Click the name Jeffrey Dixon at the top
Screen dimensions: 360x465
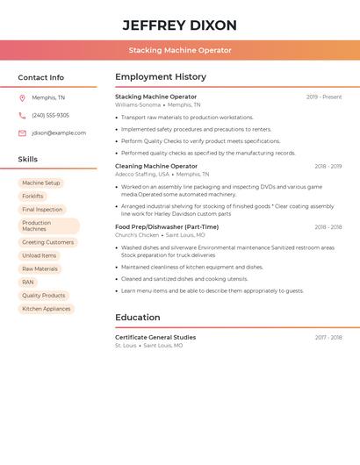point(180,25)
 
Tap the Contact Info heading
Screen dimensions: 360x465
point(41,77)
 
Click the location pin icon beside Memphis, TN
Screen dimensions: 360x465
point(22,97)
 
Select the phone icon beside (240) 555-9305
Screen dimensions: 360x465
point(22,115)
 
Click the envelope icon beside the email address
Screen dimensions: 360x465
point(22,132)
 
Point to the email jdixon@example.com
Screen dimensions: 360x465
point(59,132)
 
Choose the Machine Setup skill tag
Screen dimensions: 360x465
point(41,182)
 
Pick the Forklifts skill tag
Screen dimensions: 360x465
point(32,196)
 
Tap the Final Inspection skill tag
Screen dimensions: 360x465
point(42,209)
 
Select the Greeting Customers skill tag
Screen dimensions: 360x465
point(47,242)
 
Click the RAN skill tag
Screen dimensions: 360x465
point(28,282)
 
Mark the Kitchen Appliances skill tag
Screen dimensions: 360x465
point(47,309)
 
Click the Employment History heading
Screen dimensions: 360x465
point(161,77)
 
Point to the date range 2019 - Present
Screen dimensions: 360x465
point(324,97)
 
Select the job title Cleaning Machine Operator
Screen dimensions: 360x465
point(156,166)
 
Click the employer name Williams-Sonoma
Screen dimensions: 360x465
point(138,104)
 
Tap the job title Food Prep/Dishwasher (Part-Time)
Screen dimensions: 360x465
point(167,226)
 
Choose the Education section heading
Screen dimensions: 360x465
point(138,318)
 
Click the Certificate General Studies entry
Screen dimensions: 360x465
point(156,337)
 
